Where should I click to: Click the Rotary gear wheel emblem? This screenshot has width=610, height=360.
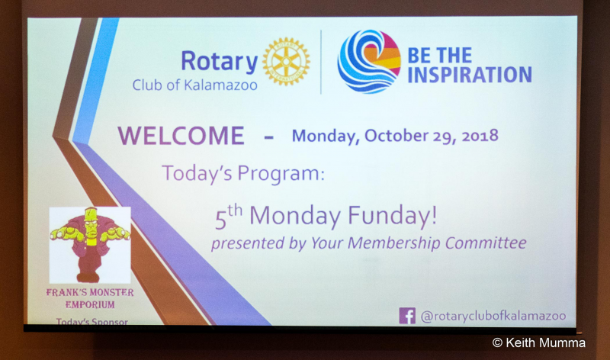(x=287, y=62)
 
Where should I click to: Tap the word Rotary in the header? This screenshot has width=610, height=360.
(x=220, y=63)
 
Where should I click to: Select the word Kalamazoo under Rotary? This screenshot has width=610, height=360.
(x=220, y=85)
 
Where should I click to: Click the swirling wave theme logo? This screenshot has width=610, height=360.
(x=369, y=62)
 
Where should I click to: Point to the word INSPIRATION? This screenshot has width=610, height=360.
(x=470, y=75)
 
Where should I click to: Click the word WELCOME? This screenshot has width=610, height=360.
(x=181, y=136)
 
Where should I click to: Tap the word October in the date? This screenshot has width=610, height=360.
(x=396, y=136)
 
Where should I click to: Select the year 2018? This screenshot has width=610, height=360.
(x=480, y=136)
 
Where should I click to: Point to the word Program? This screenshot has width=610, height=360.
(x=281, y=174)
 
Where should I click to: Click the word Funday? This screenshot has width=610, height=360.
(x=392, y=216)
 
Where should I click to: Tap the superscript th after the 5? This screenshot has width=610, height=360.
(x=235, y=211)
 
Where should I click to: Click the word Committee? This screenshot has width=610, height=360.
(x=486, y=243)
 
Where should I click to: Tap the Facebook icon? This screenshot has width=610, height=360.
(x=407, y=316)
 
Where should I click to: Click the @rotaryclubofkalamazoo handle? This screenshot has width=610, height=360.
(x=493, y=316)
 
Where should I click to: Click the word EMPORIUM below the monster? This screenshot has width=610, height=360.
(x=90, y=305)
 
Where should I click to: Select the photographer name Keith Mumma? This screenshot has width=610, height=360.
(x=545, y=342)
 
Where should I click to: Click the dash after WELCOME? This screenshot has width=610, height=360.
(x=269, y=137)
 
